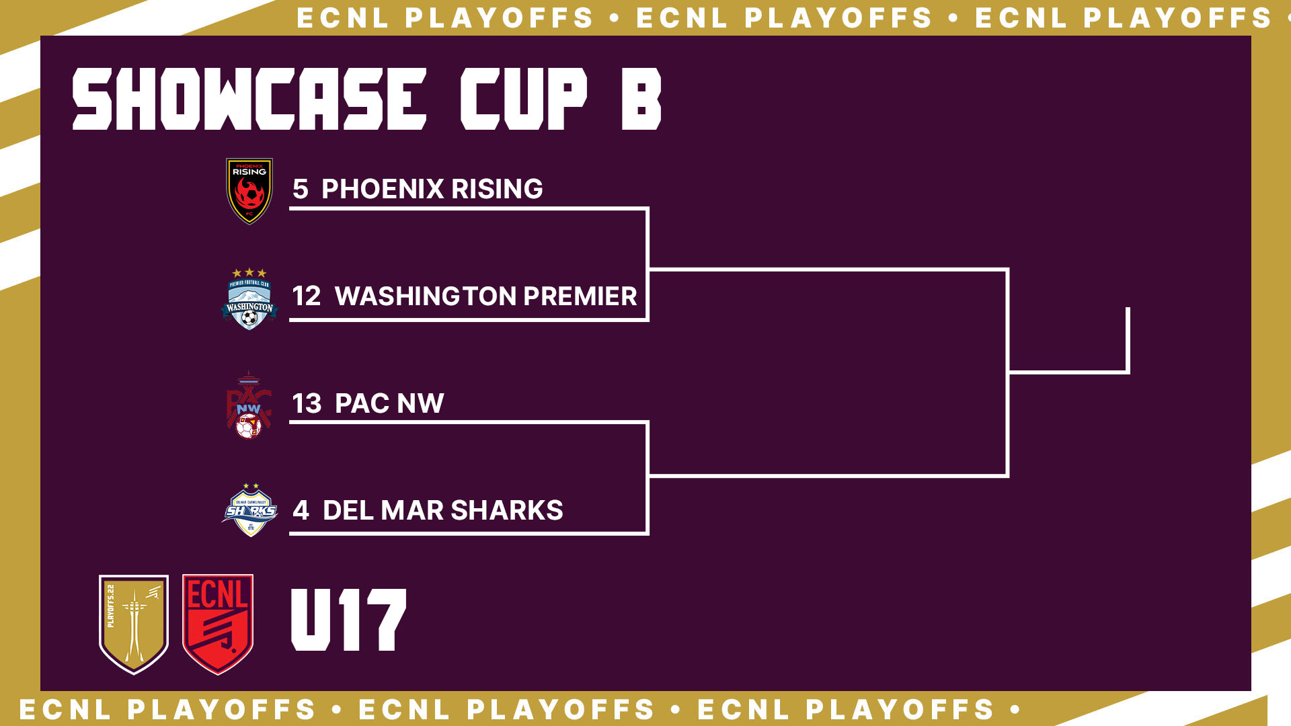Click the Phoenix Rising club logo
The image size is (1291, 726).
point(249,191)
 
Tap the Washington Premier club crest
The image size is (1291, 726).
point(249,299)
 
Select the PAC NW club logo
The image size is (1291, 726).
point(248,405)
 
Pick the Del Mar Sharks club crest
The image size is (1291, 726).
point(249,510)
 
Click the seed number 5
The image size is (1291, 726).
point(301,189)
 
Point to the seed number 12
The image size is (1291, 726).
point(307,296)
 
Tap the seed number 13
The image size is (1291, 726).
point(307,403)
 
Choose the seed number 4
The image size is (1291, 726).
point(301,510)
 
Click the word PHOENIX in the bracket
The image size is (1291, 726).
point(383,189)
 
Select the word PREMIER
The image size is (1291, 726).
point(580,296)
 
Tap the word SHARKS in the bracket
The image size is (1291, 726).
point(507,510)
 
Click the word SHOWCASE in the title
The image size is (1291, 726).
point(249,99)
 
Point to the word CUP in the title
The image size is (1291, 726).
point(524,99)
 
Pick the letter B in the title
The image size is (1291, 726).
point(641,99)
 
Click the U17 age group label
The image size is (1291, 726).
point(348,620)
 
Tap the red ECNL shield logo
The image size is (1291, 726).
point(218,624)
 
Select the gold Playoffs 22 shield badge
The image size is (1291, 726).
point(134,624)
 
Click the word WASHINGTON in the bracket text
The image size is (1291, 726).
point(426,296)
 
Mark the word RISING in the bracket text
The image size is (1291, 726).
point(498,189)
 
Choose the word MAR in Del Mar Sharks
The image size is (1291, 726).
point(412,510)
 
